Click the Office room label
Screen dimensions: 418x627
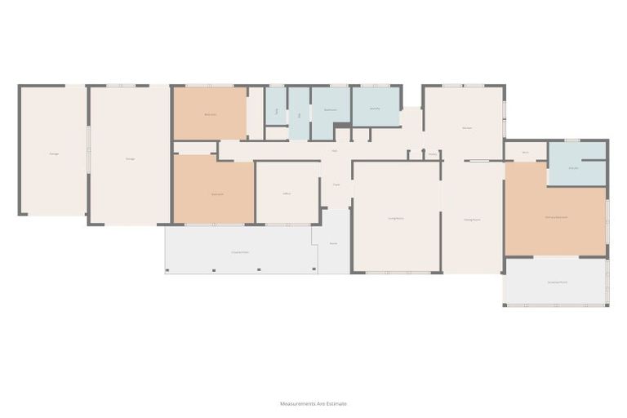[287, 193]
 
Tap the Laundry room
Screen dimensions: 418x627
[375, 109]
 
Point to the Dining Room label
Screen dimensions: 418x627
[472, 220]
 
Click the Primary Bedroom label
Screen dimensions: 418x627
[556, 217]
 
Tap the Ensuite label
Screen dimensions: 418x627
[574, 167]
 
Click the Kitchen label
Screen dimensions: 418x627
[467, 128]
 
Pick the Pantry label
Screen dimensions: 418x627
[433, 153]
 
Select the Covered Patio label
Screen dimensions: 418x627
[240, 253]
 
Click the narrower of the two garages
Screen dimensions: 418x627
[53, 153]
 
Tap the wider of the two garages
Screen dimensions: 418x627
[130, 158]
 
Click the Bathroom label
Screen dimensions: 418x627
[331, 109]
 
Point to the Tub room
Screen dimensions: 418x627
[277, 110]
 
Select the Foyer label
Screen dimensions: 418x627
[336, 185]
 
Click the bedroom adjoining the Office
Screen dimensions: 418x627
[217, 194]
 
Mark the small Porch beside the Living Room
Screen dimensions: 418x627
[333, 243]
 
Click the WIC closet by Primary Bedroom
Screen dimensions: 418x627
[525, 153]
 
